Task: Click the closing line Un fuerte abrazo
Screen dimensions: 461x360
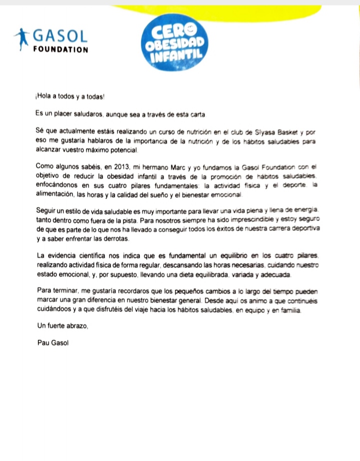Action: pos(62,326)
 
